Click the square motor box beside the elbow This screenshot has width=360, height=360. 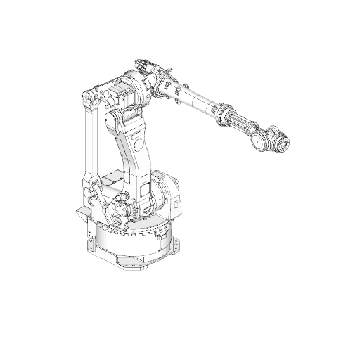[x=120, y=91]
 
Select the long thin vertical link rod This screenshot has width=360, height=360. [x=89, y=141]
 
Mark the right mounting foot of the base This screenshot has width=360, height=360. [x=176, y=245]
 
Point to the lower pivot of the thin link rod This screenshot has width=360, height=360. [x=89, y=186]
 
